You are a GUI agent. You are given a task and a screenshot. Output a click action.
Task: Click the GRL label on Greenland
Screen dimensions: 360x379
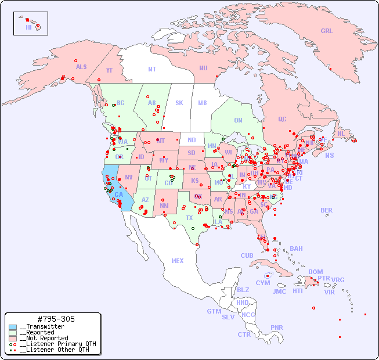[327, 31]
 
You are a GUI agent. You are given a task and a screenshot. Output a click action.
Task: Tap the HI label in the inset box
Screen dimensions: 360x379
[28, 27]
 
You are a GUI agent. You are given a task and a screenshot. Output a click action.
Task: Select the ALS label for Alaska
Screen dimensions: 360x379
[81, 67]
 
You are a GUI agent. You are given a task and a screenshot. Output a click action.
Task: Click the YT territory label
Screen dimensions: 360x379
[109, 70]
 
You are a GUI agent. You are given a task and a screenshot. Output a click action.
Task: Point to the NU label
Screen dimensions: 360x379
[203, 69]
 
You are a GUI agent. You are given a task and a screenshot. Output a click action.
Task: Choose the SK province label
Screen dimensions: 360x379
[179, 103]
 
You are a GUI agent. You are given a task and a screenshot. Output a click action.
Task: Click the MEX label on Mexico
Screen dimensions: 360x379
[178, 261]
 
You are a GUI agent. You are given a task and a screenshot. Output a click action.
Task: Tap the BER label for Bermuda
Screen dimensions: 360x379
[327, 210]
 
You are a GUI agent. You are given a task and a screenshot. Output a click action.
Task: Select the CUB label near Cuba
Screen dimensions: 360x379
[247, 256]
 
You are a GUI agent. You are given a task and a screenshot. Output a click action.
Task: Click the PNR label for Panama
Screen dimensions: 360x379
[277, 327]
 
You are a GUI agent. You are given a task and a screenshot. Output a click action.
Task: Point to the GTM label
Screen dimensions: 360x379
[214, 311]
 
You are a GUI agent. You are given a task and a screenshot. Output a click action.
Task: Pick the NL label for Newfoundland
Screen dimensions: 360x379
[341, 134]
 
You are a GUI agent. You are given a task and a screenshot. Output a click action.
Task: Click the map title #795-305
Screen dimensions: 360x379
[55, 319]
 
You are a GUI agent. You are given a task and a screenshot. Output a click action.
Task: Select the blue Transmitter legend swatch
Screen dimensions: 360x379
[13, 327]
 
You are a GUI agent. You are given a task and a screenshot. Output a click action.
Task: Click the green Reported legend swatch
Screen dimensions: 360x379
[13, 333]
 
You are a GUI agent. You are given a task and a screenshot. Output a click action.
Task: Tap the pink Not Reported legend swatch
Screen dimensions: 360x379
[13, 339]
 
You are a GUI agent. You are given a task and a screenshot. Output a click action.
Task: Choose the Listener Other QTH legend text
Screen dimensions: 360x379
[55, 350]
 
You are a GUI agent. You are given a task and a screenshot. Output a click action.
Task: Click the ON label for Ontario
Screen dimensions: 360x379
[238, 121]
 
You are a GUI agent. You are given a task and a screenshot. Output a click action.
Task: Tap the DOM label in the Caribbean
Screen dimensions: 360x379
[315, 272]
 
